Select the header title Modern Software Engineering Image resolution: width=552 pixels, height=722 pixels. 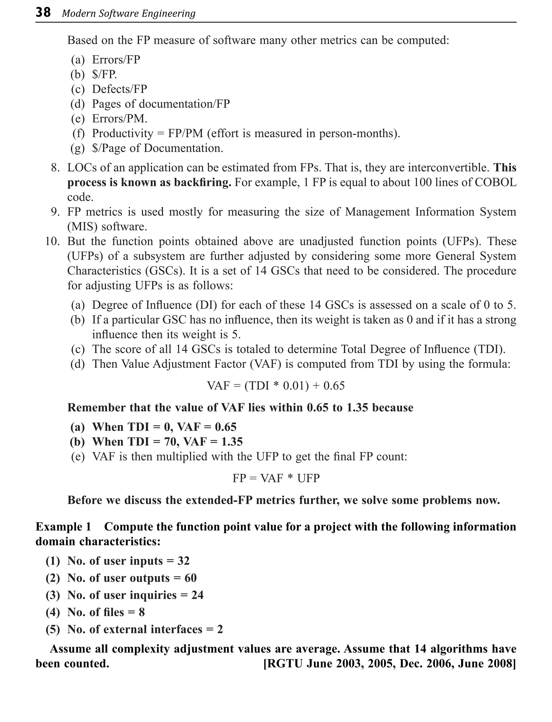(129, 13)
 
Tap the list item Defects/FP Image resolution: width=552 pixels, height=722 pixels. (119, 89)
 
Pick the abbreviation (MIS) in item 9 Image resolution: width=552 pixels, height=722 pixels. (82, 227)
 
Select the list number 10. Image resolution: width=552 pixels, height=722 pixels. (52, 242)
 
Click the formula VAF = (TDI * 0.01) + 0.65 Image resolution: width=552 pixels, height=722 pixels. (276, 386)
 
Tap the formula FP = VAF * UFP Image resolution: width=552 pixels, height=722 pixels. (276, 478)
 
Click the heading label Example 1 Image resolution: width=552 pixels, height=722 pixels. (63, 527)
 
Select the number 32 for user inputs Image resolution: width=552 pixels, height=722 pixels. (183, 561)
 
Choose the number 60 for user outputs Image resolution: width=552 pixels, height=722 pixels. (190, 578)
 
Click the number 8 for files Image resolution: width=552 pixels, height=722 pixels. (142, 612)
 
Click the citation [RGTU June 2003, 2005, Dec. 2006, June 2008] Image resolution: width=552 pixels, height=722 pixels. (389, 663)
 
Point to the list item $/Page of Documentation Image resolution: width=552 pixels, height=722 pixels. (157, 148)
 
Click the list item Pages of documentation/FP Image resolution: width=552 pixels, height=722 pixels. (161, 104)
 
